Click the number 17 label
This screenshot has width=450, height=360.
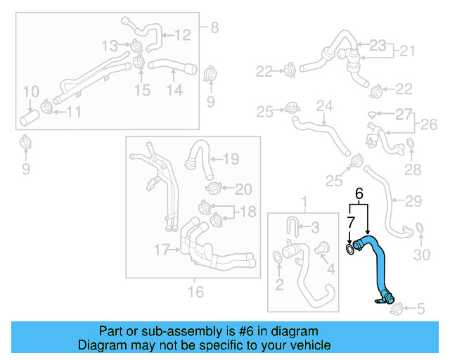click(162, 248)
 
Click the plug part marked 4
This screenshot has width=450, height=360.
click(324, 248)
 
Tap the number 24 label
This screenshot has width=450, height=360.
click(323, 106)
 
